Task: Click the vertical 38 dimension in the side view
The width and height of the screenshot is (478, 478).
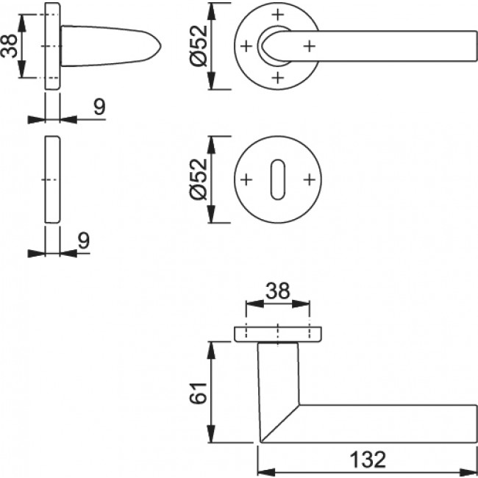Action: coord(10,46)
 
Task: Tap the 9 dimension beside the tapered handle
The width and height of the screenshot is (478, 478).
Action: coord(99,107)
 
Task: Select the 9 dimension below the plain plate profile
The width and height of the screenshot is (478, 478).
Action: coord(82,240)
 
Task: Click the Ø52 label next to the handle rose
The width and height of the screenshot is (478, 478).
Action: coord(196,46)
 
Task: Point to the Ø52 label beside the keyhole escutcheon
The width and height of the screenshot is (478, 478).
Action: coord(196,179)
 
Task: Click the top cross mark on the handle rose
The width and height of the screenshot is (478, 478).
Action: coord(277,15)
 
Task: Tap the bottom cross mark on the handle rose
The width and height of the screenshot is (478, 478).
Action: coord(277,77)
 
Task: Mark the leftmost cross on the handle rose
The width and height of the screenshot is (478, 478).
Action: coord(246,46)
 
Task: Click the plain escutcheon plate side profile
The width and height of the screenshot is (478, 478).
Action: coord(52,179)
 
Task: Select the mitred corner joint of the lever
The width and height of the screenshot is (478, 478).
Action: coord(279,423)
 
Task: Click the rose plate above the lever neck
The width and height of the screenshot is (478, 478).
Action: coord(278,334)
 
